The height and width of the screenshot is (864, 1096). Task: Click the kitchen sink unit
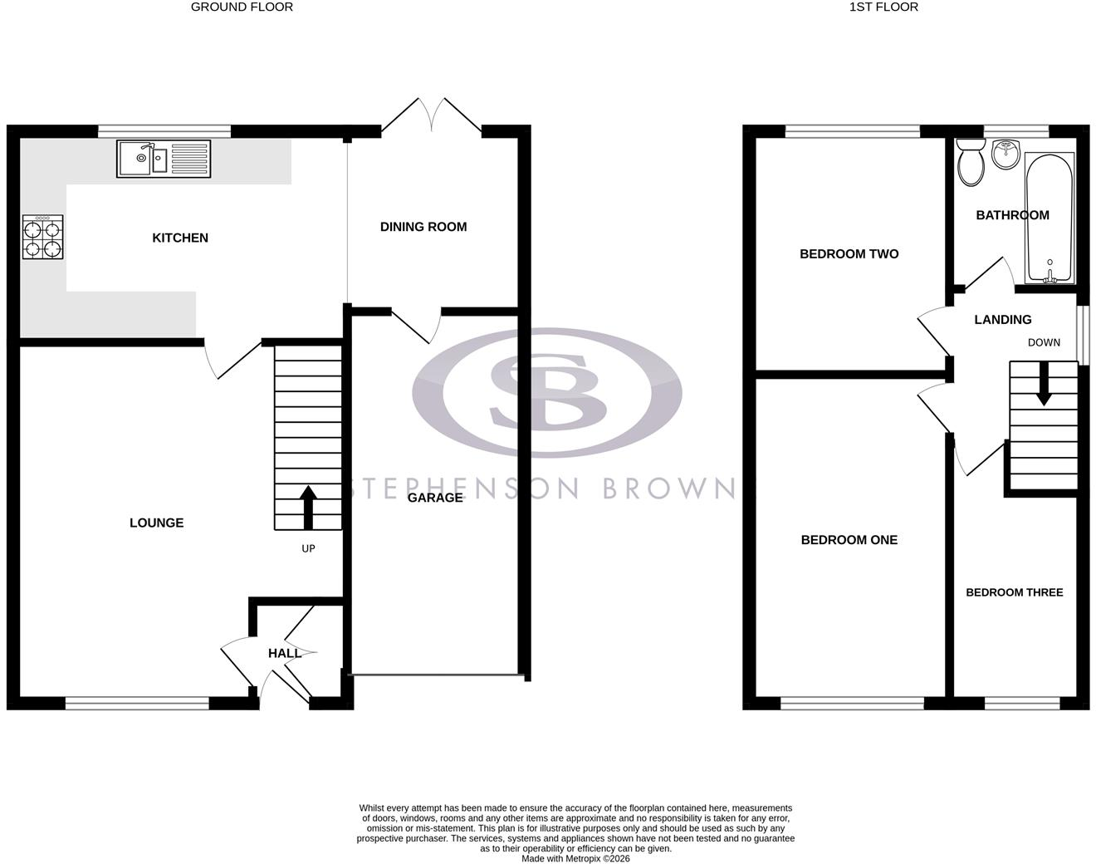point(164,159)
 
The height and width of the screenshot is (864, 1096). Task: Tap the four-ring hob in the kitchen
point(43,237)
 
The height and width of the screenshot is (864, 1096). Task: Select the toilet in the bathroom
point(971,163)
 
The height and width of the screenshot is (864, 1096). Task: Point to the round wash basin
point(1005,155)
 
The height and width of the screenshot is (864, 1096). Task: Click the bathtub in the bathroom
point(1050,218)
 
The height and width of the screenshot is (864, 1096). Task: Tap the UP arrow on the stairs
point(307,508)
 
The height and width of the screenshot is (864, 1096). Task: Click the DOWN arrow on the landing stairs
point(1044,383)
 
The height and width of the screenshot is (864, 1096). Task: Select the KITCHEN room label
point(180,238)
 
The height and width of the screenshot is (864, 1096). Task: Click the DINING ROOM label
point(423,227)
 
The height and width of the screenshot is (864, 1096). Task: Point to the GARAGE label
point(435,498)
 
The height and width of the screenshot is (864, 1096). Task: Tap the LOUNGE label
point(156,523)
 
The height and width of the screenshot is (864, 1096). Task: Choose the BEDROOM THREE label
point(1014,592)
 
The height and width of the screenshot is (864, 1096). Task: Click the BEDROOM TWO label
point(849,254)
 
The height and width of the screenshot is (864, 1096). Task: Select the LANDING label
point(1003,320)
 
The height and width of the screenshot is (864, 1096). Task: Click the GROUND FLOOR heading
point(242,7)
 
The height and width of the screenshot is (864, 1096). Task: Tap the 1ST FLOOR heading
point(883,7)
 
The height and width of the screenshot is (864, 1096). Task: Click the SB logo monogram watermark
point(547,392)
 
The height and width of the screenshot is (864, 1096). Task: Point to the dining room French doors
point(432,116)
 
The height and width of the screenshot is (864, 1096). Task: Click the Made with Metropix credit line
point(575,858)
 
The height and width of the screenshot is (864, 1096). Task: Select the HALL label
point(285,653)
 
